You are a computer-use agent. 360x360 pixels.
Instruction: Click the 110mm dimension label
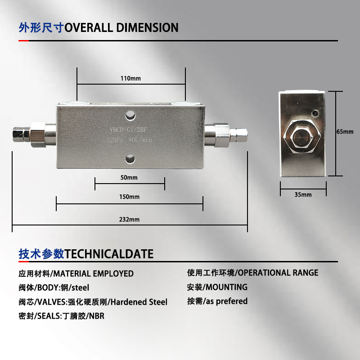click(x=131, y=78)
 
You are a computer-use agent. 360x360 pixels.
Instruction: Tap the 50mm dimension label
click(x=129, y=178)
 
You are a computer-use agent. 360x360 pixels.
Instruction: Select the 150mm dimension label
click(x=130, y=197)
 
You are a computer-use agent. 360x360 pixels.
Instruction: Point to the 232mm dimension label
click(x=130, y=220)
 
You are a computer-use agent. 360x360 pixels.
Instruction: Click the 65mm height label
click(x=345, y=132)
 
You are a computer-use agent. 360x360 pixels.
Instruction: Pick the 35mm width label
click(x=303, y=195)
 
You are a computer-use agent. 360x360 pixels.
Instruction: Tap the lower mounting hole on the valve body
click(x=130, y=158)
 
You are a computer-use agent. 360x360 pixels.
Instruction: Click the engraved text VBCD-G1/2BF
click(x=131, y=130)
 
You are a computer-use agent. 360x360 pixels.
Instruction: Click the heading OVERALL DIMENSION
click(x=121, y=28)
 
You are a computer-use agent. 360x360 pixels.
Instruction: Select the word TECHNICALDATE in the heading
click(x=109, y=254)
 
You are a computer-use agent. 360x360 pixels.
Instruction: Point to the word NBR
click(x=97, y=316)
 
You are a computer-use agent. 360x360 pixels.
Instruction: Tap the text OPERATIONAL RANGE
click(x=278, y=273)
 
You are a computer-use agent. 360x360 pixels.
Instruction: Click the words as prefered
click(x=226, y=301)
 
